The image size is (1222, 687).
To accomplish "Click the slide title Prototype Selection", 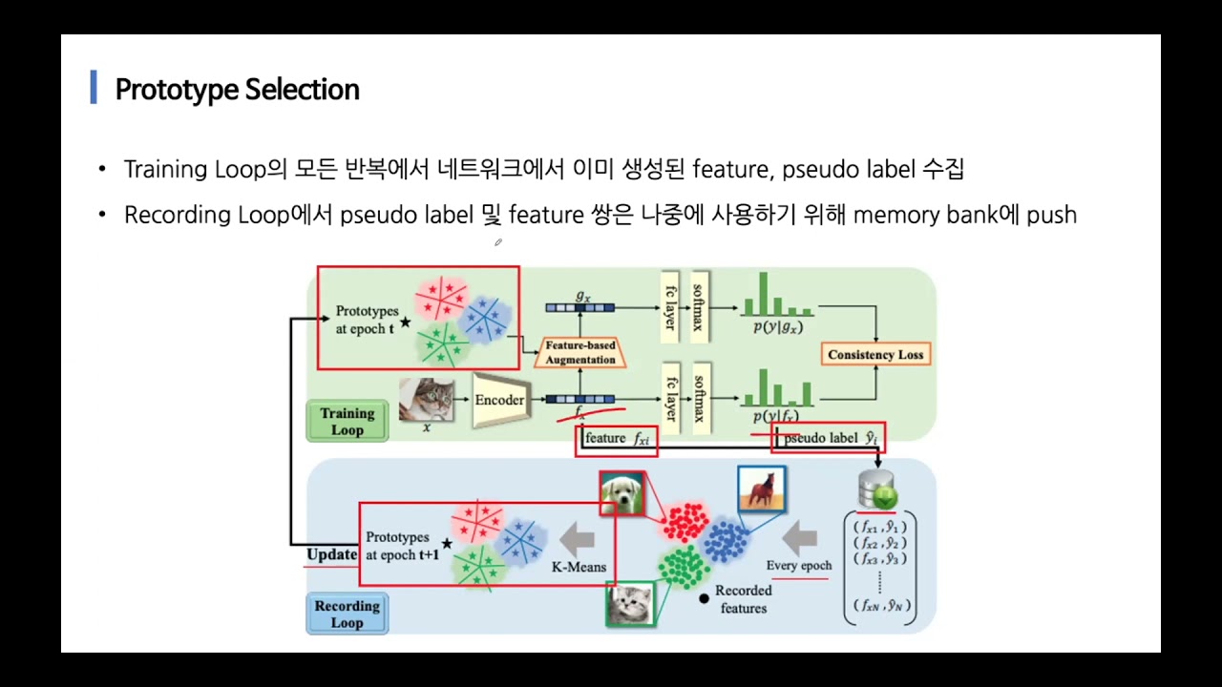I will pos(237,90).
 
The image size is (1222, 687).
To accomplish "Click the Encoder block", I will pos(498,400).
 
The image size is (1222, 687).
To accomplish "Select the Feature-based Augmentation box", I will pos(580,352).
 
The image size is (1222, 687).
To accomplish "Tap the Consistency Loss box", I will pos(875,354).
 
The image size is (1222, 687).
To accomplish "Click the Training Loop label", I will pos(348,421).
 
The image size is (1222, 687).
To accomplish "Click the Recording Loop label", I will pos(347,614).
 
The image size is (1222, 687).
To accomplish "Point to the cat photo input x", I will pos(426,399).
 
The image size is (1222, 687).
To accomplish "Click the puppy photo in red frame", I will pos(622,493).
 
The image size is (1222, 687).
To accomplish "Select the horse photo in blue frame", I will pos(761,489).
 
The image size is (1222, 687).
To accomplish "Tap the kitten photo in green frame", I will pos(630,603).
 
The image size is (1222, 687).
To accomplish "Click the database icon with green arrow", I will pos(877,489).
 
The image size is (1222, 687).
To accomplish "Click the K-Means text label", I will pos(579,567).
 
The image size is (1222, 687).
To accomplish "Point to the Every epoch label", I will pos(799,565).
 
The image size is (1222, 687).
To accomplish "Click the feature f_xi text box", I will pos(617,439).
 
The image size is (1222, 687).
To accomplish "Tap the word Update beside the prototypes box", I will pos(331,554).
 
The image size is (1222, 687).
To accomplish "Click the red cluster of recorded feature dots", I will pos(685,523).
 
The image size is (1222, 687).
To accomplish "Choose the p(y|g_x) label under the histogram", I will pos(778,326).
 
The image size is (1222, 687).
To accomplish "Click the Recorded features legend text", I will pos(743,599).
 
